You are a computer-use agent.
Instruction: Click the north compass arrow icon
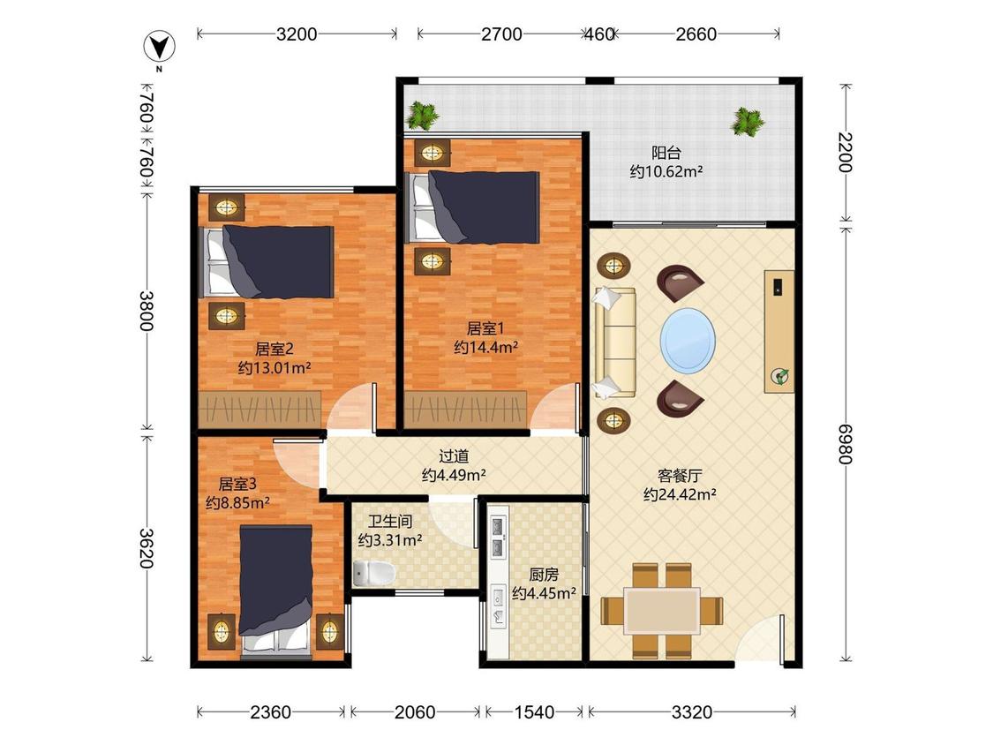click(159, 48)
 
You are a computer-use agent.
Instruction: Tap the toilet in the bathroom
click(373, 574)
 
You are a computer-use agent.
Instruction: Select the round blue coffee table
click(688, 341)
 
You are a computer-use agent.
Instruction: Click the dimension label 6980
click(846, 444)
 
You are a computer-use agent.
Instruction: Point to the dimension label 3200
click(297, 34)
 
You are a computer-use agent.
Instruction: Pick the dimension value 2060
click(415, 712)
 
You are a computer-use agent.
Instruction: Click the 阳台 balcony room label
click(666, 153)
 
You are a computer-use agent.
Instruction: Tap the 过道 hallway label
click(454, 456)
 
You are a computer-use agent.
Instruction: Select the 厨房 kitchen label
click(544, 575)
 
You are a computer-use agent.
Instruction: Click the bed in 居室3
click(276, 591)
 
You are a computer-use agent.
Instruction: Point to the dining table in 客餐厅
click(662, 611)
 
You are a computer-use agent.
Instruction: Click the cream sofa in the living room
click(614, 343)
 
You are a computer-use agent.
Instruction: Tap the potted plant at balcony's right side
click(748, 121)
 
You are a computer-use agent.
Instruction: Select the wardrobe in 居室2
click(260, 410)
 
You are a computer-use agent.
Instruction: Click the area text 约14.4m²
click(485, 347)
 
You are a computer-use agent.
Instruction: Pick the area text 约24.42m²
click(680, 494)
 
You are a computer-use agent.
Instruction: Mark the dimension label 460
click(599, 34)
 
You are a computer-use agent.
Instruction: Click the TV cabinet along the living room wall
click(779, 331)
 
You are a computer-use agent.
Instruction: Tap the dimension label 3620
click(147, 548)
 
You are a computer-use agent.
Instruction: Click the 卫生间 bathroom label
click(390, 522)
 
